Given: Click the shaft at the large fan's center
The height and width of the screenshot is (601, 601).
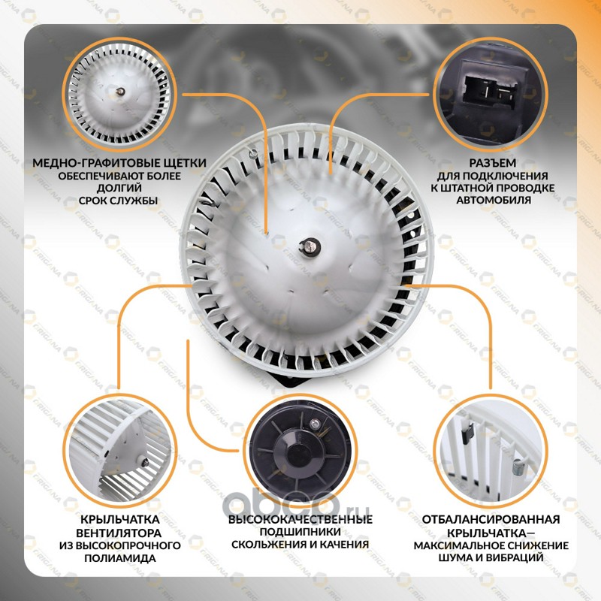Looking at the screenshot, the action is point(310,246).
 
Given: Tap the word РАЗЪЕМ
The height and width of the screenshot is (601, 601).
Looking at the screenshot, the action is point(493,163).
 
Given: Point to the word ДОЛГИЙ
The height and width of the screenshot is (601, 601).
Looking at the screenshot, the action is point(119,189).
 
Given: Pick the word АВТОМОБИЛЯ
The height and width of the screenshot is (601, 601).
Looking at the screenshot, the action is point(494,200).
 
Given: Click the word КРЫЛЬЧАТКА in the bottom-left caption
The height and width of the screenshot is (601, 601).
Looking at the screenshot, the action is point(119,520).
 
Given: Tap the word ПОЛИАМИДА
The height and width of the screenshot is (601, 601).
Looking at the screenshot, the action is point(120,558).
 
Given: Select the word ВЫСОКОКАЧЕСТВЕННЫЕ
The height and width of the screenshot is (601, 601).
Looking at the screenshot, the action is point(300,520).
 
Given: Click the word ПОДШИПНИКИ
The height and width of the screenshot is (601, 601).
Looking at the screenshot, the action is point(300,532).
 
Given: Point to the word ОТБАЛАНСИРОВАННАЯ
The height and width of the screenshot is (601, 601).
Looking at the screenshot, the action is point(491,520).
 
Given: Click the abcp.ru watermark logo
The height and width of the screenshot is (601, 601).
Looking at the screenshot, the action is point(296,503).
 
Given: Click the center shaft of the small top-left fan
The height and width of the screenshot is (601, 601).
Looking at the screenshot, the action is point(120,92).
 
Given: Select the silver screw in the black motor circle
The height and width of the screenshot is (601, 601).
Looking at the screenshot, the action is point(315,423).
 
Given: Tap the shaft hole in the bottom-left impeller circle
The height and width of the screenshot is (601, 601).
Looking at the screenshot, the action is point(145,463).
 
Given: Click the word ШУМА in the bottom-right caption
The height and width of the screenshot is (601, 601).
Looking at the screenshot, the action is point(455,557).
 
